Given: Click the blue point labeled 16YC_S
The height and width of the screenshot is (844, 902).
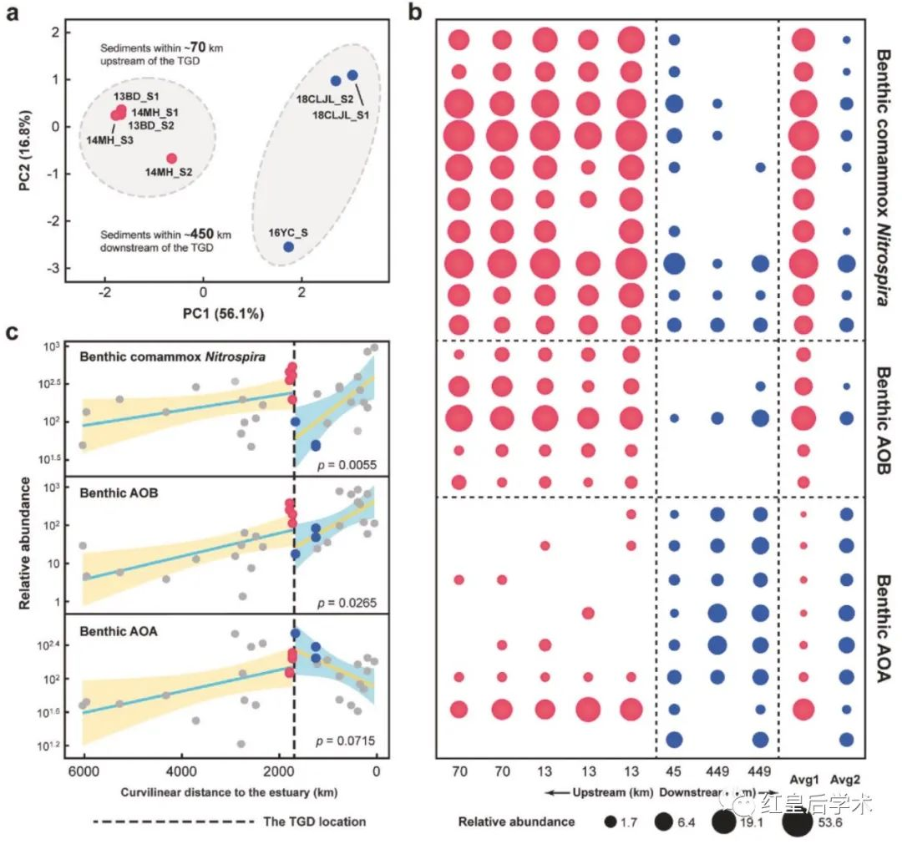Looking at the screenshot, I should (288, 247).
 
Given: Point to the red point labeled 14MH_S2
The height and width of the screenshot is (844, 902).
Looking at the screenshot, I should (171, 159).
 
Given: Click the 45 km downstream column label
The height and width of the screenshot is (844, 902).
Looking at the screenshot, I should (674, 768).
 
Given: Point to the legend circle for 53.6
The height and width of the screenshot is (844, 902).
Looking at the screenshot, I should (797, 821).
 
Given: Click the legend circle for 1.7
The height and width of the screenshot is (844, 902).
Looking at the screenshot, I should (611, 821).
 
